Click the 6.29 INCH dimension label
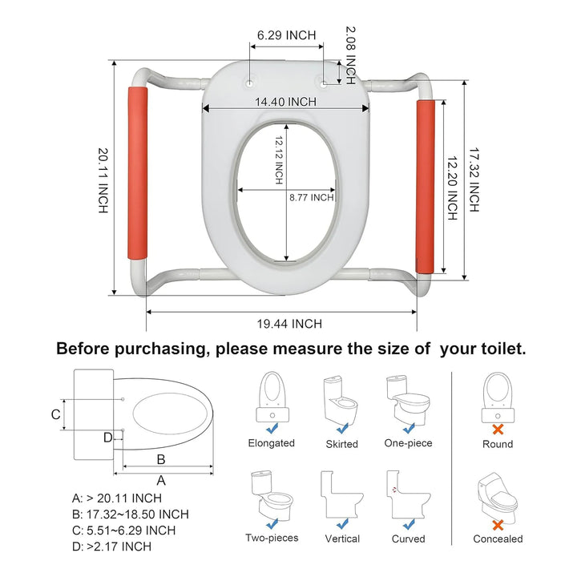click(x=286, y=35)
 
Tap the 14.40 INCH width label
click(x=285, y=102)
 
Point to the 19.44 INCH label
click(x=289, y=324)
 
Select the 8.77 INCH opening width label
click(x=311, y=198)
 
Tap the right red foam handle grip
click(x=426, y=186)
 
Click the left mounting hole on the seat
click(x=250, y=83)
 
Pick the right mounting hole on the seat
click(x=324, y=84)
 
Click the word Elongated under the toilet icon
click(x=271, y=442)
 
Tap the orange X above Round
click(x=498, y=429)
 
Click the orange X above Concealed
click(x=498, y=525)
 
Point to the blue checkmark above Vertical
click(x=342, y=523)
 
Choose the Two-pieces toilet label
click(x=272, y=538)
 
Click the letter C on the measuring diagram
click(x=55, y=414)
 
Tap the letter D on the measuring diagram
click(x=107, y=438)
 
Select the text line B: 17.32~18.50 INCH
click(x=131, y=514)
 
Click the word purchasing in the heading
click(x=159, y=349)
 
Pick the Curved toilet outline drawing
click(x=409, y=494)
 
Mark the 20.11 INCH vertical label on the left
click(x=103, y=180)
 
